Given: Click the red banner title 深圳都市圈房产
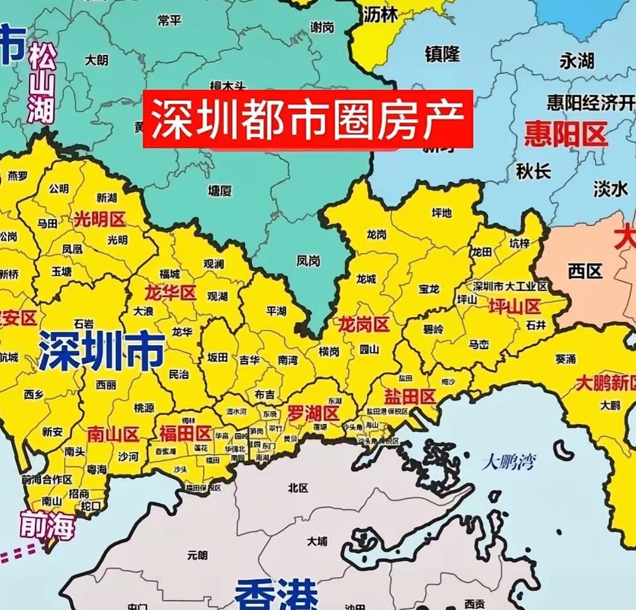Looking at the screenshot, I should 308,119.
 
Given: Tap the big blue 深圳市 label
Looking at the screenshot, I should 101,352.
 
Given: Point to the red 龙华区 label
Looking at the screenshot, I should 170,293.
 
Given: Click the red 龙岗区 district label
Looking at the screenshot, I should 364,325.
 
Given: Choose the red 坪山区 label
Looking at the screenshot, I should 515,306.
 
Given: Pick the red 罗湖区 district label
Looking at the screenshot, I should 313,413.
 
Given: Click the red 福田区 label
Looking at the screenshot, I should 185,433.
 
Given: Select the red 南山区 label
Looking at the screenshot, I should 113,434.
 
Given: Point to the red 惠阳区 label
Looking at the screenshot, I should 566,134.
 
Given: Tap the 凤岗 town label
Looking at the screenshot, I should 308,260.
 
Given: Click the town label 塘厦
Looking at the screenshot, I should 220,191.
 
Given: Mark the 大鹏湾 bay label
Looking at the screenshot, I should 508,462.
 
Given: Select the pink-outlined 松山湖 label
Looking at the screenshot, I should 42,82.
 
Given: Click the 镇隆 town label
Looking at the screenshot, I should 442,54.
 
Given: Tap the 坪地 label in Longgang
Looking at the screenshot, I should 441,213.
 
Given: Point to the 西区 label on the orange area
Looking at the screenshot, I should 585,271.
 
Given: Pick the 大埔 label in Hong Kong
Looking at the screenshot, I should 317,541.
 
